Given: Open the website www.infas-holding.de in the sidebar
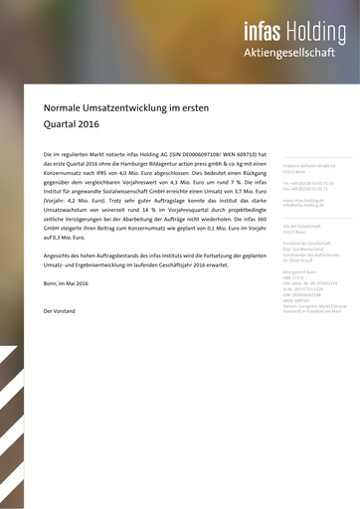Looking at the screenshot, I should click(303, 199).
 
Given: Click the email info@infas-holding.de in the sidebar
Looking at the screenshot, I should click(304, 205).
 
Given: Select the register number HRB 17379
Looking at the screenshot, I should click(294, 278).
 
